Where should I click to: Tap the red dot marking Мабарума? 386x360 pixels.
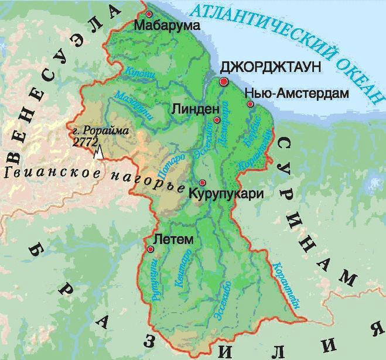(x=149, y=13)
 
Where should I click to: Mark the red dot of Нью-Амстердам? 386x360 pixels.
(x=250, y=104)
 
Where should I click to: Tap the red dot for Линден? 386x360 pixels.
(x=217, y=120)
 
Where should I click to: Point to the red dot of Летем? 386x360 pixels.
(x=151, y=249)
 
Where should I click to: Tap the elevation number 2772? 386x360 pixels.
(x=86, y=140)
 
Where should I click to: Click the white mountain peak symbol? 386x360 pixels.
(x=100, y=152)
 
